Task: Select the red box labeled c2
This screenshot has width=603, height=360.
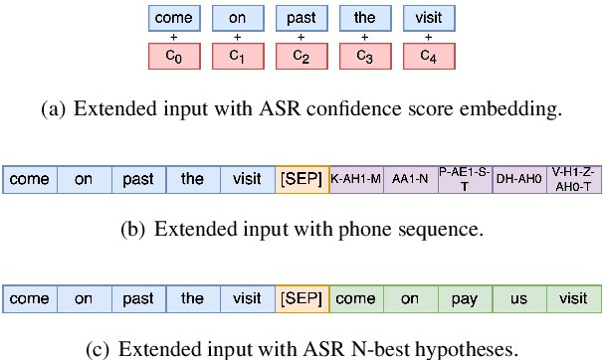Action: point(301,58)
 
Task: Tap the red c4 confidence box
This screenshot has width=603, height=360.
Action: point(428,58)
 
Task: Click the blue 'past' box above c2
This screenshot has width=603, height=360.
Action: point(301,18)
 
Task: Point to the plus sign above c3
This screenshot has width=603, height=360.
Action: point(364,38)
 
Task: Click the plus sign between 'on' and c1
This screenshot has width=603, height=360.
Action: point(237,38)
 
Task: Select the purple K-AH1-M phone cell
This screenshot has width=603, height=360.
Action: point(355,179)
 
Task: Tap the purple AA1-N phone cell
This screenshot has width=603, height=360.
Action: point(410,179)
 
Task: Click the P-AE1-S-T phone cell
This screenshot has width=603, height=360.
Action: point(465,179)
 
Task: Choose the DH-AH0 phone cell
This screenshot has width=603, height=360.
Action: point(518,179)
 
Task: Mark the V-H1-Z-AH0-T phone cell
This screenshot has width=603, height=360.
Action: point(573,179)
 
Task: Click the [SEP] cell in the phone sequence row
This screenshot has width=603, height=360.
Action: point(301,179)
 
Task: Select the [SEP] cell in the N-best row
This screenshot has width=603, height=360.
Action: point(301,298)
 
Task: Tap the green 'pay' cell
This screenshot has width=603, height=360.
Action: point(465,298)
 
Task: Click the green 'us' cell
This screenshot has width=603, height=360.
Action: point(518,298)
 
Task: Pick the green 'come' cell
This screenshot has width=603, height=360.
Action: point(355,298)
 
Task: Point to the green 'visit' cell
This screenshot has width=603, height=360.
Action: point(573,298)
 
